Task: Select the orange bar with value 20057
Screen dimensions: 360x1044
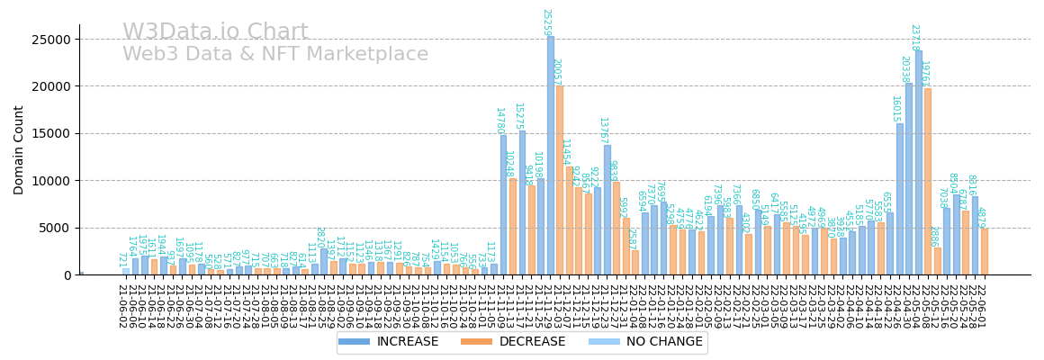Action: point(560,180)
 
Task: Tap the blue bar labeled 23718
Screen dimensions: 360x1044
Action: point(919,162)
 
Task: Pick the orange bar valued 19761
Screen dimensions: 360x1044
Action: point(928,181)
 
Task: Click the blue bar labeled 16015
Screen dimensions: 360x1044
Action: point(900,199)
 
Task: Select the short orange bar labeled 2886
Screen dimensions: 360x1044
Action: point(938,261)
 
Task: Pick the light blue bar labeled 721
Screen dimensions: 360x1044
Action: point(126,271)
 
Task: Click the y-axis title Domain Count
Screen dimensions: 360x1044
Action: point(19,149)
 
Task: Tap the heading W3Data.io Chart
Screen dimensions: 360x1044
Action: point(215,32)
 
